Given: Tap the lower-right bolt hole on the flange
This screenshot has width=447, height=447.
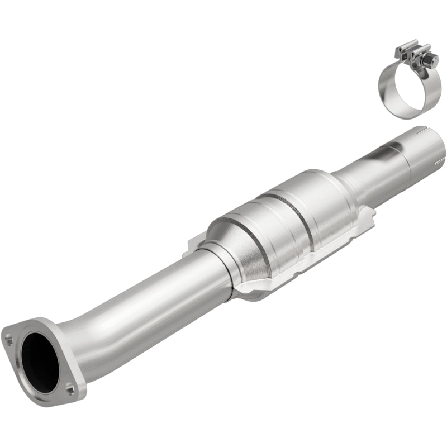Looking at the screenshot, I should click(x=68, y=384).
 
